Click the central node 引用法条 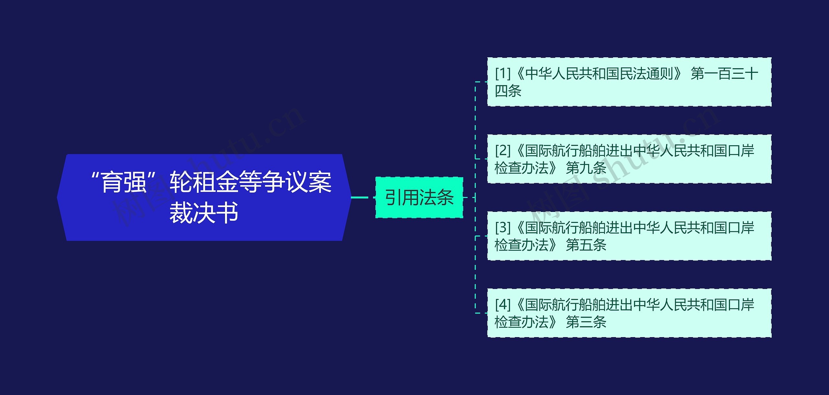(x=419, y=197)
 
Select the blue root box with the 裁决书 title (x=204, y=197)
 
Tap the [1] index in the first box (x=503, y=74)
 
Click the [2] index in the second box (x=503, y=151)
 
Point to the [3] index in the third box (x=503, y=228)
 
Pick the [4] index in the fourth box (x=503, y=305)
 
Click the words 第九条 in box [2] (x=586, y=168)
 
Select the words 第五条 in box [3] (x=586, y=245)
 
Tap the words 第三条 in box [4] (x=586, y=322)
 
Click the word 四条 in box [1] (x=508, y=91)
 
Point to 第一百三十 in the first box (x=724, y=74)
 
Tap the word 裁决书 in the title (x=204, y=213)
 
